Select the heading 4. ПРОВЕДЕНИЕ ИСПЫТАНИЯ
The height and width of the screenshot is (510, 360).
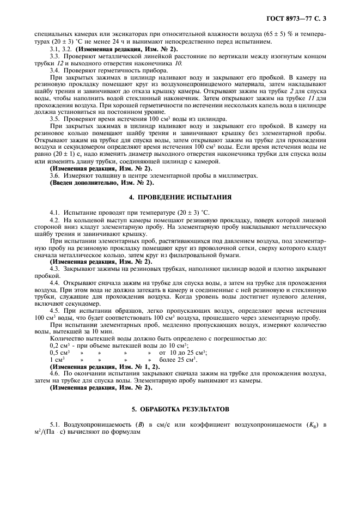pos(180,197)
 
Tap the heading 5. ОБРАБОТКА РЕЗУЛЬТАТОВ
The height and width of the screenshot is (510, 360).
pos(180,408)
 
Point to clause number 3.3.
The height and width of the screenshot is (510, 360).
pos(54,56)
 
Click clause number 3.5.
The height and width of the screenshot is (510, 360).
pos(54,118)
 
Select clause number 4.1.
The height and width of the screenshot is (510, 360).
pos(54,211)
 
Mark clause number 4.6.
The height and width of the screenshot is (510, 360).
pos(54,374)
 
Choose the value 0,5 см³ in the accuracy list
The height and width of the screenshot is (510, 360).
pos(58,353)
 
